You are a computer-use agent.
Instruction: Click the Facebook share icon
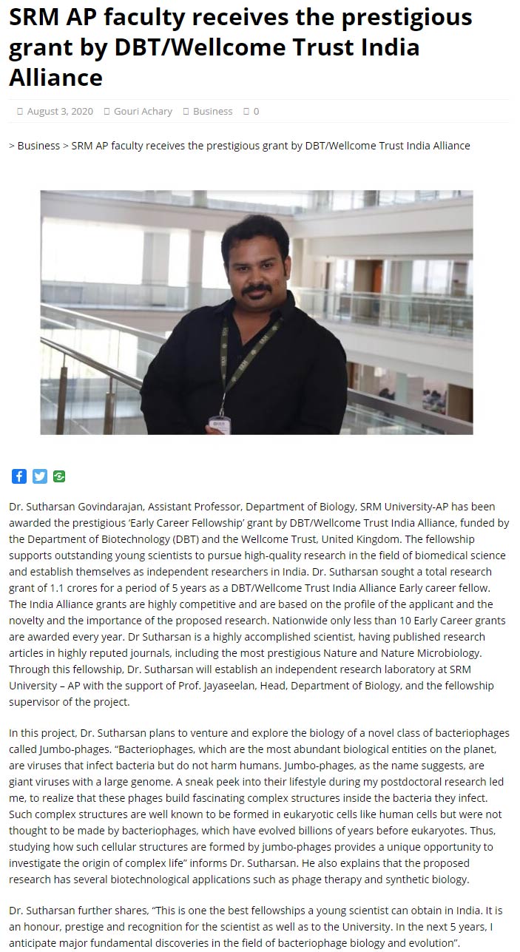(19, 476)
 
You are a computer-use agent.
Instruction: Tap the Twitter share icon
(39, 476)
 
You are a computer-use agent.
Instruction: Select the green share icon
(59, 476)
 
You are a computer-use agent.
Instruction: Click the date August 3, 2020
(60, 111)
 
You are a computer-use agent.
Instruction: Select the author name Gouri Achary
(143, 111)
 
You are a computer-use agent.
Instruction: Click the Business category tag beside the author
(212, 111)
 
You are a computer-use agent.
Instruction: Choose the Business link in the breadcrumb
(38, 146)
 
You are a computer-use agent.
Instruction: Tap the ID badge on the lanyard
(219, 424)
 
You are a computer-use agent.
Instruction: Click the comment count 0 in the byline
(256, 111)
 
